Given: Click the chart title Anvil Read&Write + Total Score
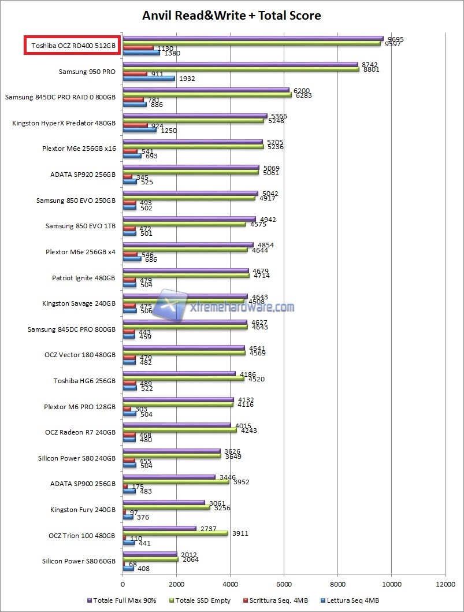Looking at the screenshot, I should [x=232, y=15].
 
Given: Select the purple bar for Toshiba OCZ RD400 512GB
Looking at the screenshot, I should [x=253, y=38].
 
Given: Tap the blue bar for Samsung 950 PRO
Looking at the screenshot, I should [x=149, y=78].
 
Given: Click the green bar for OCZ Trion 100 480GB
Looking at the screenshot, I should [x=175, y=533].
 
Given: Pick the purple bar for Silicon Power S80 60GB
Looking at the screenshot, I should [x=150, y=554].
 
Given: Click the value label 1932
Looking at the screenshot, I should [x=188, y=78].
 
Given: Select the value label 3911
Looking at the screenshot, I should [x=240, y=533].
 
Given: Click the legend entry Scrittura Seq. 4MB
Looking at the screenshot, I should [x=274, y=600].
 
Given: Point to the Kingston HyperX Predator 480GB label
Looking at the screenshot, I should [x=64, y=123].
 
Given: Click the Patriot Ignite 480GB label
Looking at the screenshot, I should [x=83, y=278].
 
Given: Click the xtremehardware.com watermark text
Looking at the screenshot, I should [x=242, y=307].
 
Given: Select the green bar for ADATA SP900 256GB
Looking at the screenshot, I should [x=176, y=482].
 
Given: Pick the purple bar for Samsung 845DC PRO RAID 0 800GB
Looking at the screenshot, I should [x=206, y=90].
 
